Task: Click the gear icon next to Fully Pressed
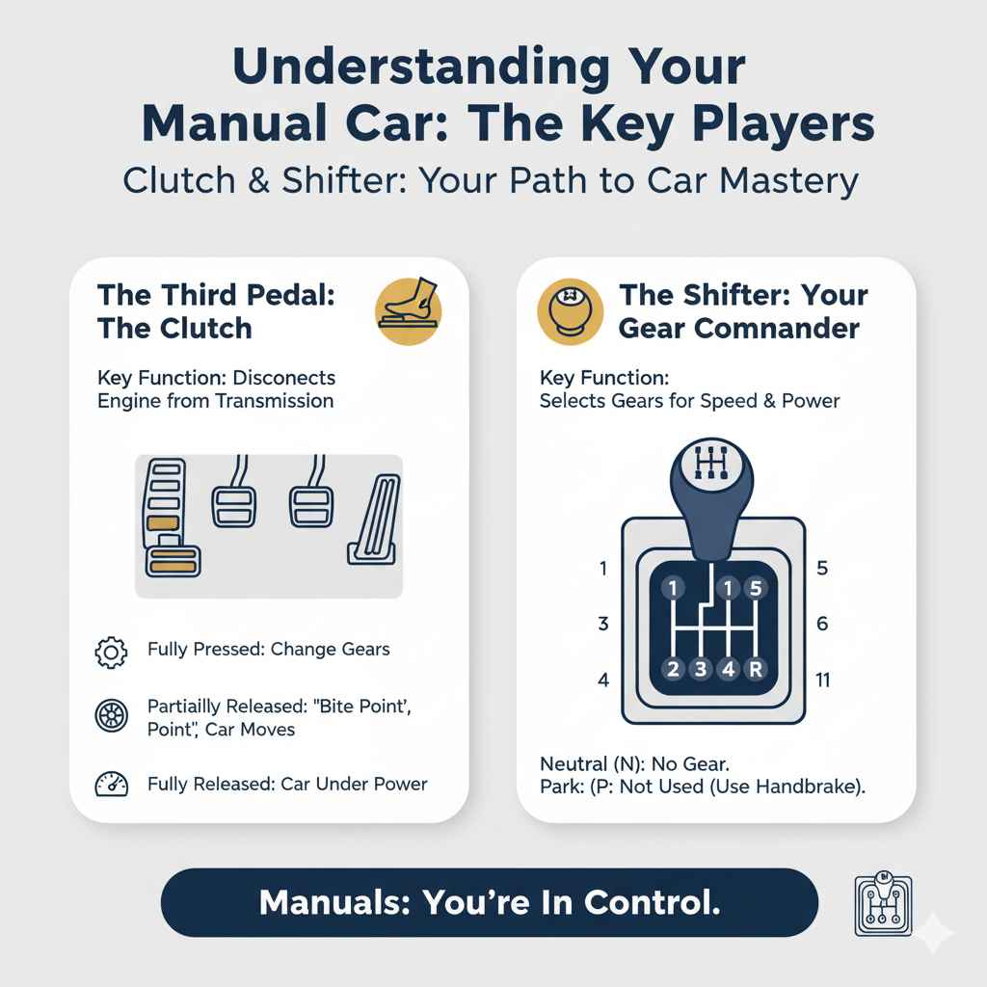pyautogui.click(x=111, y=651)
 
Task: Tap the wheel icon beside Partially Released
pyautogui.click(x=111, y=717)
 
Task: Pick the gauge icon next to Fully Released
pyautogui.click(x=111, y=785)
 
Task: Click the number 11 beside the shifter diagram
pyautogui.click(x=822, y=680)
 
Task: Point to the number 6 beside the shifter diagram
pyautogui.click(x=822, y=624)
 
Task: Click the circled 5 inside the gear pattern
pyautogui.click(x=756, y=586)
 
